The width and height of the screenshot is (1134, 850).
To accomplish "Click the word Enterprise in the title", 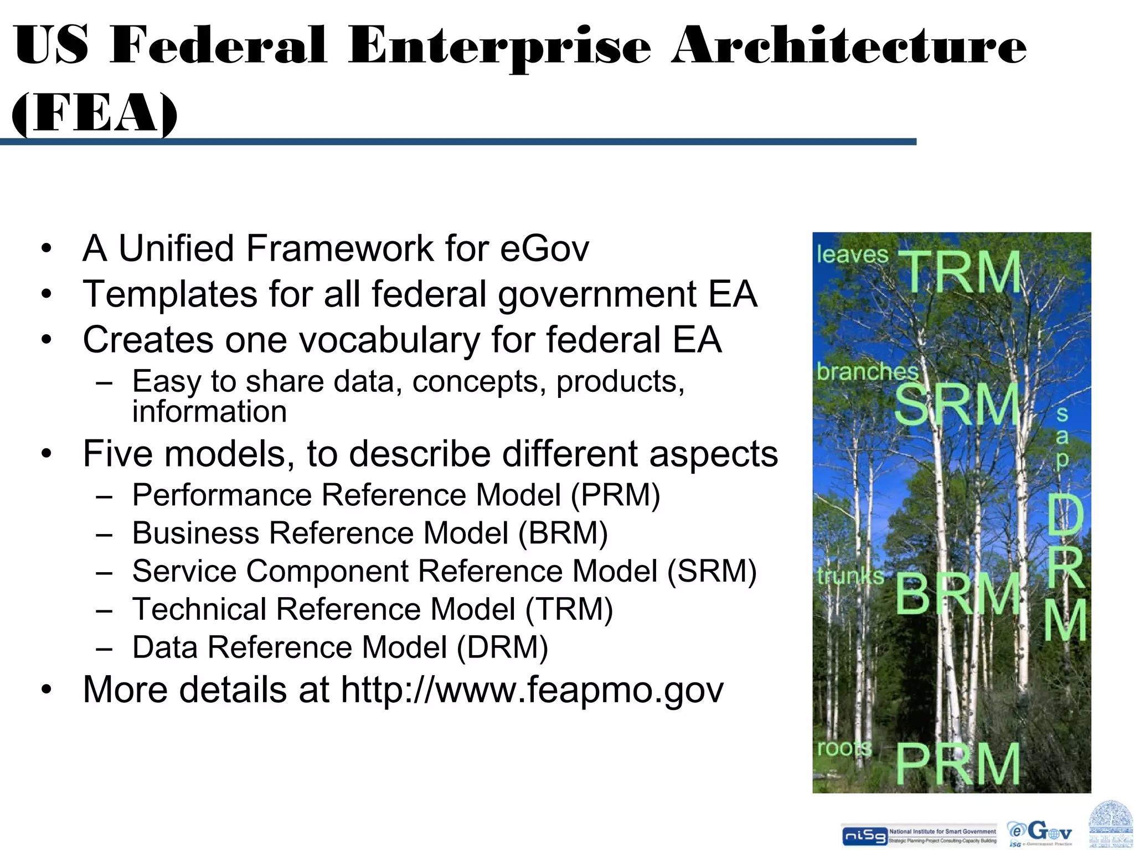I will [499, 47].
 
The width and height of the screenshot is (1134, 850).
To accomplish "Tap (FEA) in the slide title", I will [95, 113].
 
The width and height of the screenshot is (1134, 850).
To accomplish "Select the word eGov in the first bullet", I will [544, 248].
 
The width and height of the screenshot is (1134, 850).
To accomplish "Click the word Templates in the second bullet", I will [170, 294].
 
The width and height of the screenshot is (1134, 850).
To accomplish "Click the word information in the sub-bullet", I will [209, 412].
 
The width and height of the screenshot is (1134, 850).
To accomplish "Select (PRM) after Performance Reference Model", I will [615, 495].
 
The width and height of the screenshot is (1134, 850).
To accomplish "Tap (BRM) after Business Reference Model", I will [563, 533].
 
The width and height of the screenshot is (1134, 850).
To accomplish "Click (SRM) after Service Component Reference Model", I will [712, 571].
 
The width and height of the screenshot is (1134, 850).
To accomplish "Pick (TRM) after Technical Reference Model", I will [569, 609].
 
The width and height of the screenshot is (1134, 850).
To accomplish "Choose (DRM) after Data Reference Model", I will [502, 647].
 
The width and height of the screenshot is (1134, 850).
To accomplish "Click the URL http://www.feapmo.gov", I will [532, 690].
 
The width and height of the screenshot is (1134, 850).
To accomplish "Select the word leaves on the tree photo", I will [852, 255].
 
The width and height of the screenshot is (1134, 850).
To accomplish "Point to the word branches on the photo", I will [867, 371].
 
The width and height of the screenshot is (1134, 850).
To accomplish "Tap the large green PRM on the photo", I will [958, 764].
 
